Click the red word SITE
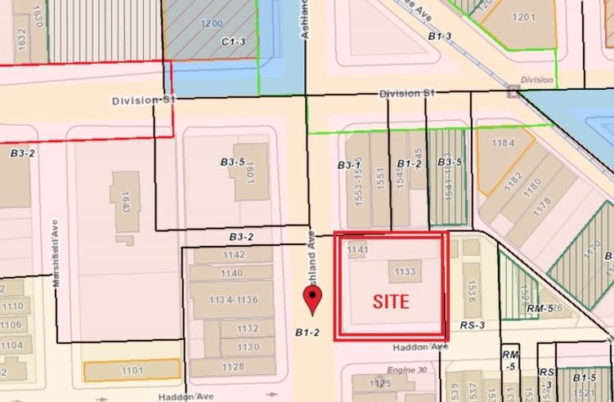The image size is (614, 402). tap(391, 300)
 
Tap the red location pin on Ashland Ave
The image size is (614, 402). tap(311, 298)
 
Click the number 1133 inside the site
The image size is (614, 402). tap(406, 272)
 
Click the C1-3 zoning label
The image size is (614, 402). tap(233, 40)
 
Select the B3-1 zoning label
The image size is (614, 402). tap(350, 165)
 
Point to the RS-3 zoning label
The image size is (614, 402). tap(472, 325)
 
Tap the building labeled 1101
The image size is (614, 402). tap(132, 371)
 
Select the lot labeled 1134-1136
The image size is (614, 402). tap(233, 300)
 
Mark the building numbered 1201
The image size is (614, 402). tap(523, 17)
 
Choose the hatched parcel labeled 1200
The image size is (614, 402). tap(211, 24)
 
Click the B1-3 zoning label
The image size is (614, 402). tap(440, 36)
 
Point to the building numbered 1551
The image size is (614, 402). tap(380, 180)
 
